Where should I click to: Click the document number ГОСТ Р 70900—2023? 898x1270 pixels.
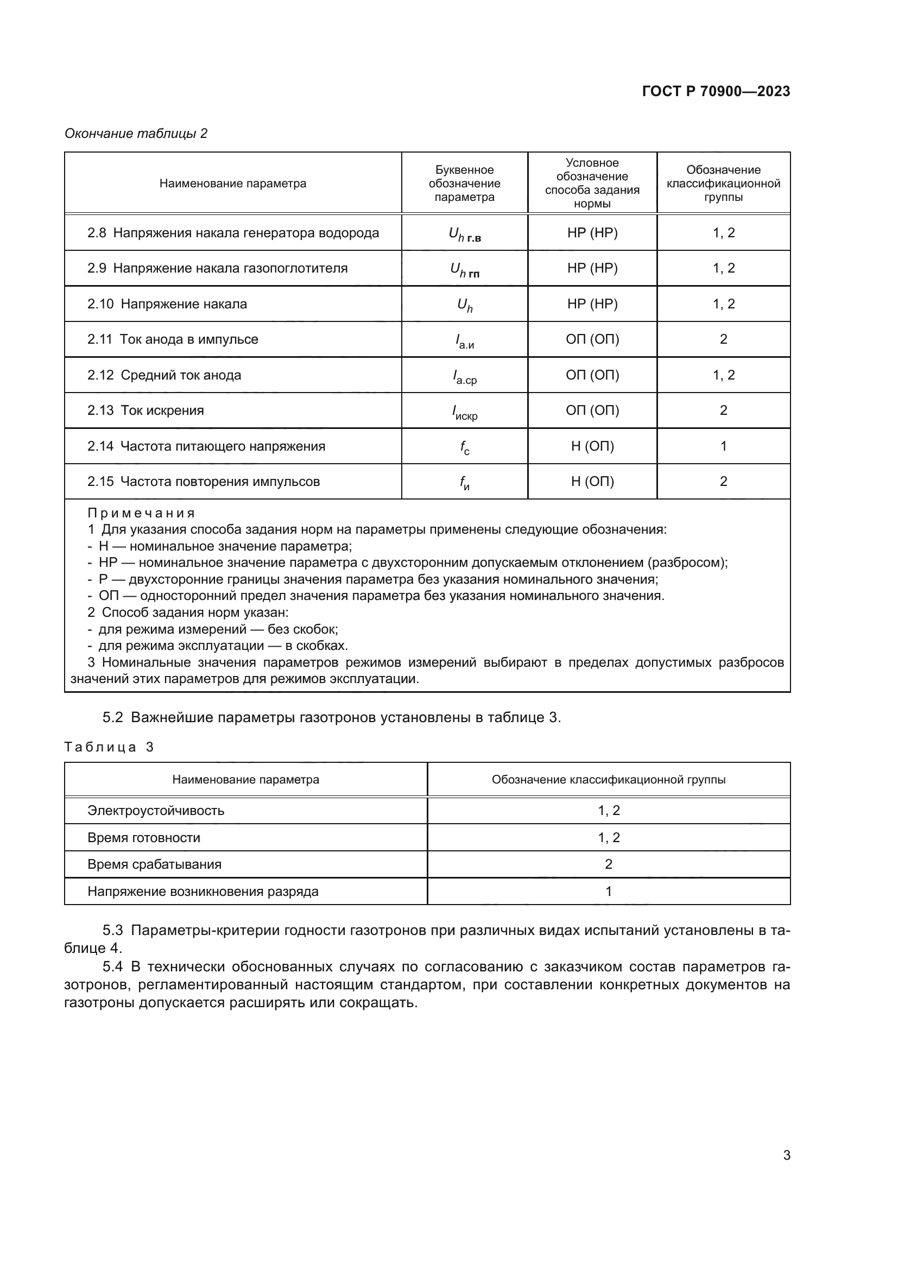tap(716, 91)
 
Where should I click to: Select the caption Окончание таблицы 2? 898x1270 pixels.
tap(136, 134)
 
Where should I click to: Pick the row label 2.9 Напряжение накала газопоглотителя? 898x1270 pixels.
tap(217, 268)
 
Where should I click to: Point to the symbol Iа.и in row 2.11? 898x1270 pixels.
tap(464, 342)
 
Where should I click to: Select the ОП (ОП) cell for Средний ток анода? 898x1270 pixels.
tap(592, 375)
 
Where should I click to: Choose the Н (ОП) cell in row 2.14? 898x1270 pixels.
tap(592, 446)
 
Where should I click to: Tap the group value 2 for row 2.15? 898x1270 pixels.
tap(723, 481)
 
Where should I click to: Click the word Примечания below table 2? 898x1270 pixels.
tap(141, 513)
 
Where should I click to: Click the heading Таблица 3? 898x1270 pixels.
tap(109, 747)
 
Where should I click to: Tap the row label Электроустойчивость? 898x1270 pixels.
tap(155, 811)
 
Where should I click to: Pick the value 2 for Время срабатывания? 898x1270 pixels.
tap(608, 864)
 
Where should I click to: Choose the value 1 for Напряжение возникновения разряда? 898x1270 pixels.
tap(608, 891)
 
